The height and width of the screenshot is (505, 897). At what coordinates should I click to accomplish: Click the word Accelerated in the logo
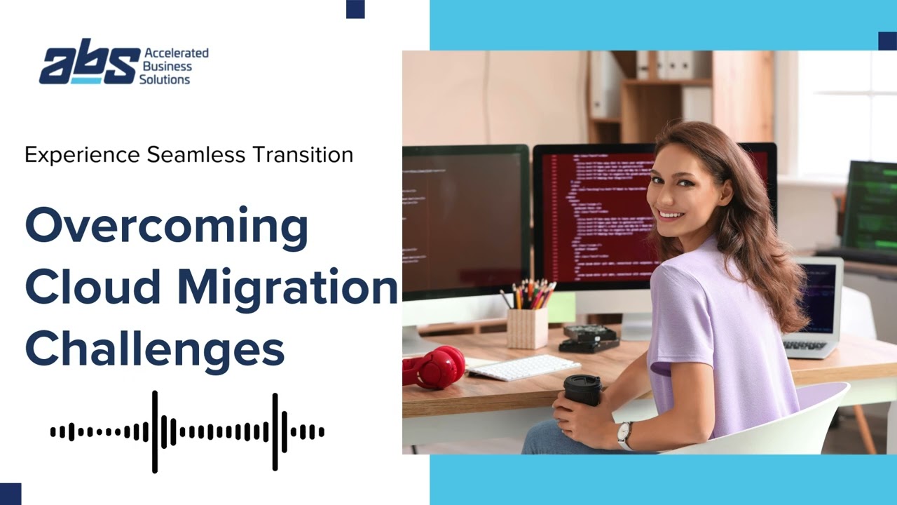click(176, 53)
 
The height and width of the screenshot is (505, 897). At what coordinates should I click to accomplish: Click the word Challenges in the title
click(155, 349)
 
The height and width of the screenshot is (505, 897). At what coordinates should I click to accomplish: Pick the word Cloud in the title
click(93, 288)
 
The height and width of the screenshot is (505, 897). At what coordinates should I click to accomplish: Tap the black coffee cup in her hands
click(582, 390)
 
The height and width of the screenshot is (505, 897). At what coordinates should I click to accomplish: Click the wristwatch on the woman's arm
click(624, 435)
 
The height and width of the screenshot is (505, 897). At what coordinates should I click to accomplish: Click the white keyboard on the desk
click(523, 367)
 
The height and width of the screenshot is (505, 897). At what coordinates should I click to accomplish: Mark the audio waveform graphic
click(187, 432)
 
